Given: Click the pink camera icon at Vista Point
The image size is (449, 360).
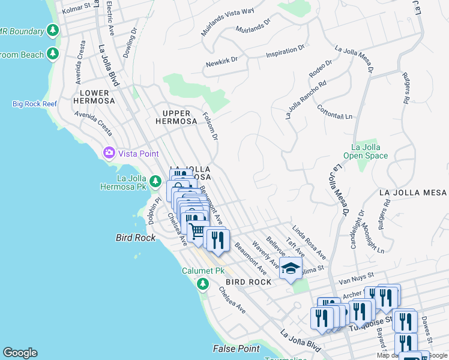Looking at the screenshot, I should [109, 152].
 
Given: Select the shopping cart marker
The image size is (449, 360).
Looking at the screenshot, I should [197, 231].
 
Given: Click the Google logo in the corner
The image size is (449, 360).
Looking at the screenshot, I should [20, 352].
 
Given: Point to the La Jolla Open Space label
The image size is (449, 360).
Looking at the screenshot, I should [366, 151].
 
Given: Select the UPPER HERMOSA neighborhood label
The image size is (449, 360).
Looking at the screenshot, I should [176, 117].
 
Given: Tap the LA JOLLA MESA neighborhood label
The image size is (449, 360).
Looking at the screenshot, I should [413, 193].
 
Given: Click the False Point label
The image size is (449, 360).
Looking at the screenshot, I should [237, 348].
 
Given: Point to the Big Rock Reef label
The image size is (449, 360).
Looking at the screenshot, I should [35, 104].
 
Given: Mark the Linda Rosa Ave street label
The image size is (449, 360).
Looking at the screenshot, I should [309, 239].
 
